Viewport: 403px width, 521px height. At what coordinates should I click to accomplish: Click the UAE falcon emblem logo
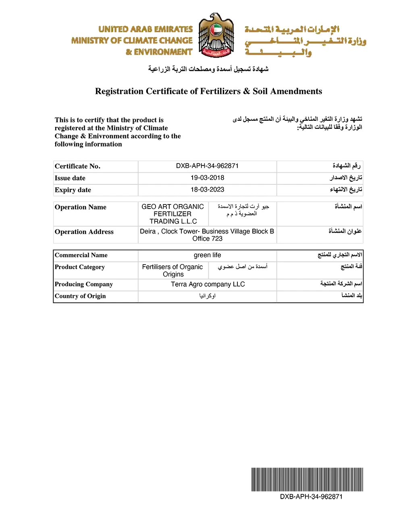coord(216,35)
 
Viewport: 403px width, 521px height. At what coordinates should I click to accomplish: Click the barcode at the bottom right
coord(307,479)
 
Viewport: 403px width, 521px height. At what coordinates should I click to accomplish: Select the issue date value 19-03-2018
coord(207,178)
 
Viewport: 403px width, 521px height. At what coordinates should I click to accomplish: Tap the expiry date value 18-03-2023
coord(207,190)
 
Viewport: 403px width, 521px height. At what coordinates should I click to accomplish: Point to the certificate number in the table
coord(207,166)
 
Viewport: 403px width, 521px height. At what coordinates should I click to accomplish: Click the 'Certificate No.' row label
coord(77,166)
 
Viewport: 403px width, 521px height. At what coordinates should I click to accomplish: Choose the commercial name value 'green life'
coord(207,255)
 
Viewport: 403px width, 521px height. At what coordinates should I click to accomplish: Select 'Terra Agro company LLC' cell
coord(208,284)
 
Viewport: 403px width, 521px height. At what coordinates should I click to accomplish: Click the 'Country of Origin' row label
coord(80,296)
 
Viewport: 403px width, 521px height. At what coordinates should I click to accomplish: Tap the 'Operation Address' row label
coord(84,232)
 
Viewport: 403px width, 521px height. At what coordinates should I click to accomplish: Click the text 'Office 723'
coord(207,239)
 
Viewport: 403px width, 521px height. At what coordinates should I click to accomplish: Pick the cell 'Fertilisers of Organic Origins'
coord(173,271)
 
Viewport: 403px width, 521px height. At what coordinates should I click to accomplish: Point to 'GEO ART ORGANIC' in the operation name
coord(172,207)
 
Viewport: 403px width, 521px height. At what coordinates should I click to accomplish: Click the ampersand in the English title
coord(247,91)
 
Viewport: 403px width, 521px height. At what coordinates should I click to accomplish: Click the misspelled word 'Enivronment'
coord(107,136)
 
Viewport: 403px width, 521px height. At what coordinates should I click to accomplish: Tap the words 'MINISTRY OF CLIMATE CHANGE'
coord(132,41)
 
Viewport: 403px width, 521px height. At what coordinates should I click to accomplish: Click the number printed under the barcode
coord(311,497)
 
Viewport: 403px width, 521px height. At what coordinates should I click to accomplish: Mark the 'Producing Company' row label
coord(84,284)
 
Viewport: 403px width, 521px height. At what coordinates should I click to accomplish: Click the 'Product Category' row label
coord(80,267)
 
